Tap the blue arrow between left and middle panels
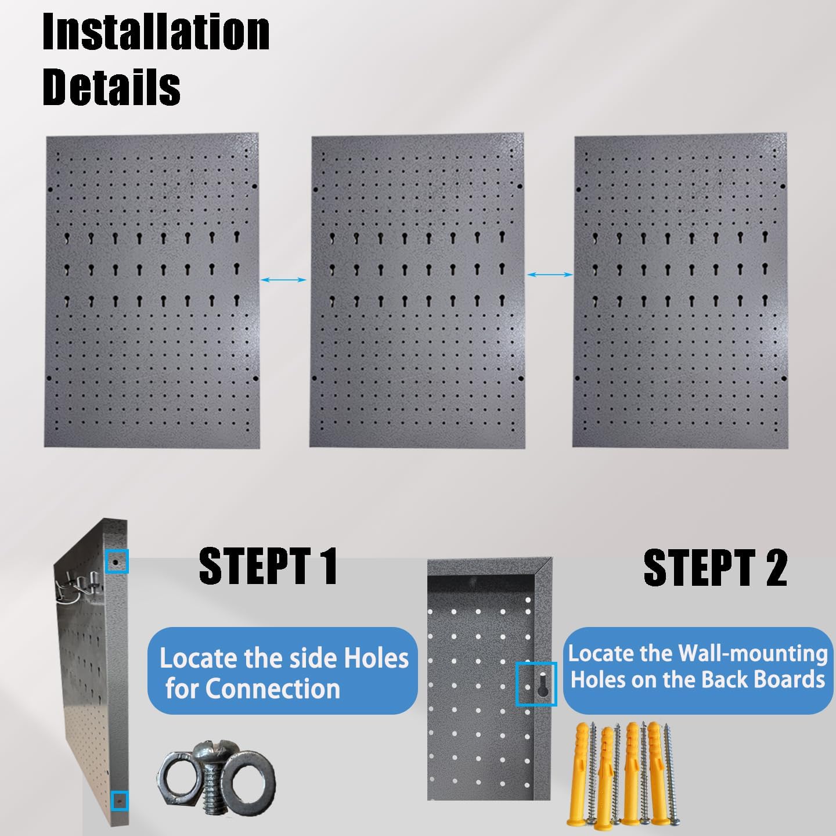point(284,280)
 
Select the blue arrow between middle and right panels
point(550,274)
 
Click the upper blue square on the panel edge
point(117,562)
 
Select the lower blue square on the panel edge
point(119,801)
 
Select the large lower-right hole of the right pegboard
point(784,379)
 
